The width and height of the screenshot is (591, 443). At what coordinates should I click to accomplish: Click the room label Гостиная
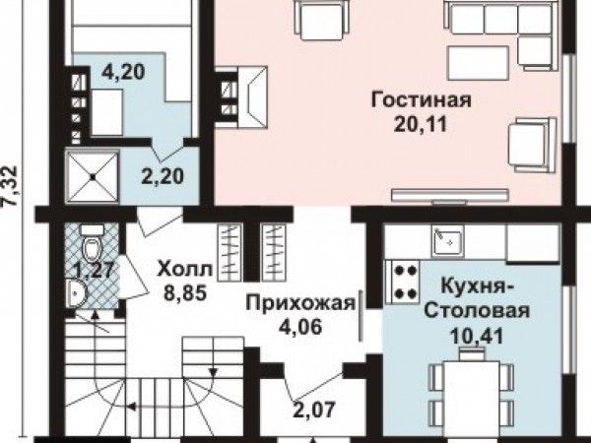point(421,100)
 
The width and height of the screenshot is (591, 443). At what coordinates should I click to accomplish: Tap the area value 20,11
point(421,124)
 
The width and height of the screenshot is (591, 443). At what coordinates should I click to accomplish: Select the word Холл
point(185,270)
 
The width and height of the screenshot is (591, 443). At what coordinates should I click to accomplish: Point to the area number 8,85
point(185,292)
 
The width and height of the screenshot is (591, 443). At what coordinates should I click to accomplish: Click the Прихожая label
point(300,303)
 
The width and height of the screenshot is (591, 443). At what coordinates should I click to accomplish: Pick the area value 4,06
point(300,326)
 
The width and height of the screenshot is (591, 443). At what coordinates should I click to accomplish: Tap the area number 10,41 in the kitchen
point(477,337)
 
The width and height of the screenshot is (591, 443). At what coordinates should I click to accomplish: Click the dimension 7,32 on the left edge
point(10,185)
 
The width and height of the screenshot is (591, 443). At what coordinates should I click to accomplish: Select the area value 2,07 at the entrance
point(313,410)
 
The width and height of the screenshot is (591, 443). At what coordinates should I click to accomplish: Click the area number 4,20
point(123,71)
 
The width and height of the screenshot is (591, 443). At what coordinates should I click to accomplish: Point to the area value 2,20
point(163,176)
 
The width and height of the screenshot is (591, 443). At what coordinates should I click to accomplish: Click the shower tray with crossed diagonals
point(93,176)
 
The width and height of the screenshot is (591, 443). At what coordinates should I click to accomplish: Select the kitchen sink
point(447,242)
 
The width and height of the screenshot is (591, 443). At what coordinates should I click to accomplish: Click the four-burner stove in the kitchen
point(403,282)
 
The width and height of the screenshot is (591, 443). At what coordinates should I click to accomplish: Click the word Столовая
point(477,311)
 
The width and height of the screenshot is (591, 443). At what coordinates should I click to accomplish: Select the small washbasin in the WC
point(76,293)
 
